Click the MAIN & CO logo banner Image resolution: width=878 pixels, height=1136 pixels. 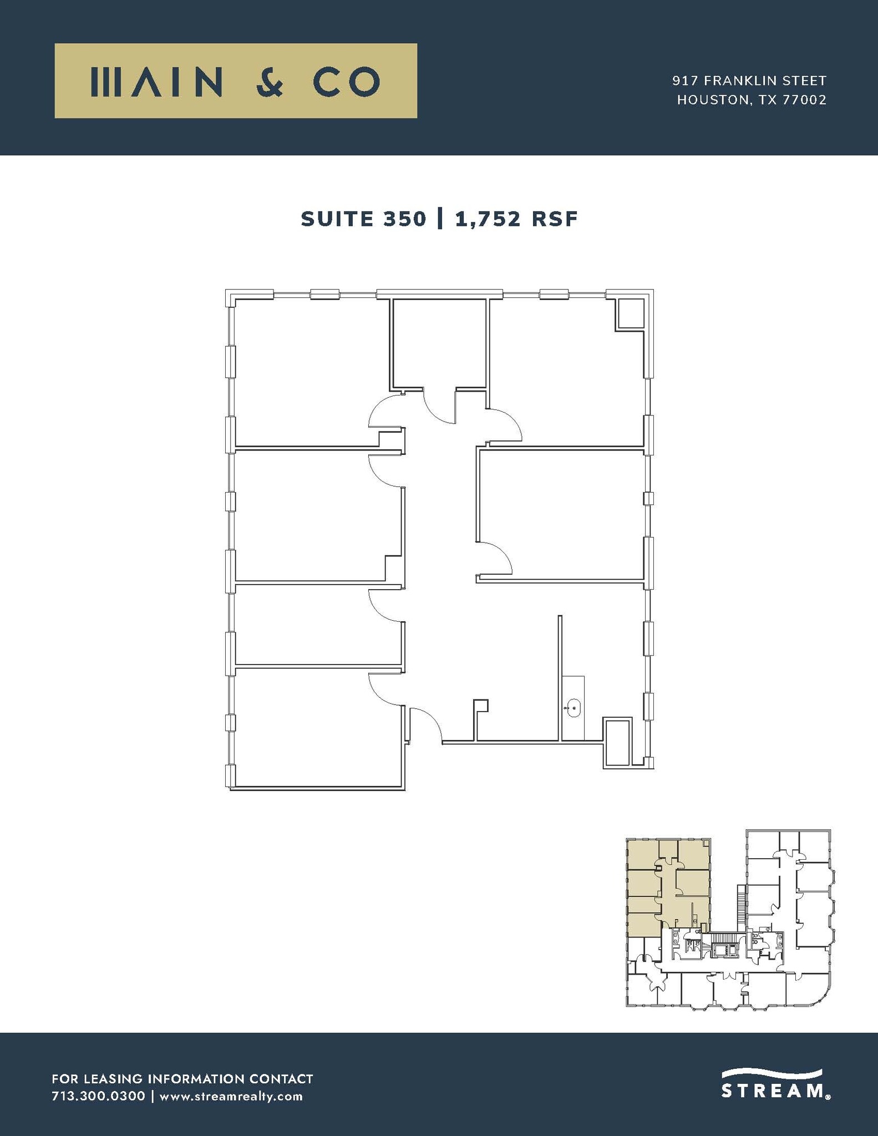click(x=236, y=81)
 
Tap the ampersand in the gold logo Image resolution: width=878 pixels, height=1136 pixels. click(x=270, y=82)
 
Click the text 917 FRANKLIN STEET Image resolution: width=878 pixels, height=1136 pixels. click(x=749, y=81)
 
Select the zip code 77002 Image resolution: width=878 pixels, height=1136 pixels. click(x=804, y=100)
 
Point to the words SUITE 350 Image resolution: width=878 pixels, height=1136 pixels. click(x=363, y=219)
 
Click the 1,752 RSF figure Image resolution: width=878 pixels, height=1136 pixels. click(x=516, y=219)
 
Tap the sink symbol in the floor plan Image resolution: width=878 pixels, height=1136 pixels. click(x=573, y=708)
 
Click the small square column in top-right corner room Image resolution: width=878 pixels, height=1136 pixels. click(x=630, y=314)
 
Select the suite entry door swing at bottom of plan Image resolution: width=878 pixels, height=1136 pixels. click(x=425, y=724)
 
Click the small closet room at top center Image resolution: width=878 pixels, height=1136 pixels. click(x=439, y=344)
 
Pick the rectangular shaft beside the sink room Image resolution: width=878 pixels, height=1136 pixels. click(x=617, y=743)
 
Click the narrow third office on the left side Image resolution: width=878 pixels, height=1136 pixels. click(x=316, y=623)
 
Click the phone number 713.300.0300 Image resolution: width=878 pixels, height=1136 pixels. click(x=98, y=1096)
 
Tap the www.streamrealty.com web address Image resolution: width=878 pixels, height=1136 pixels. click(x=231, y=1096)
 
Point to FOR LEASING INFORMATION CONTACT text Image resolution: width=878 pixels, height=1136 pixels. click(x=182, y=1079)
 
